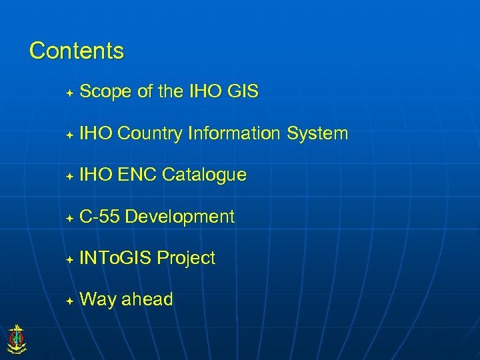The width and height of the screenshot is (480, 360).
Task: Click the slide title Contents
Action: click(77, 51)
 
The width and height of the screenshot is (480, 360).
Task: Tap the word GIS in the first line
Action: click(242, 92)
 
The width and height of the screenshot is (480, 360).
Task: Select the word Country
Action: click(149, 134)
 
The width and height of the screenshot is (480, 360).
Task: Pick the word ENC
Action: click(137, 175)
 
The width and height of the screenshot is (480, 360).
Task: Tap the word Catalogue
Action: click(204, 175)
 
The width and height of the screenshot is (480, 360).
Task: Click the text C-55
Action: click(99, 217)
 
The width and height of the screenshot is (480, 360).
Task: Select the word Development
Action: click(179, 217)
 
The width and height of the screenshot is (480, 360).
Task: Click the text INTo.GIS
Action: click(115, 258)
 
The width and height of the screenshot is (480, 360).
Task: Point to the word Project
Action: click(186, 258)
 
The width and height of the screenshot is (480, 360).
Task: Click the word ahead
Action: click(147, 300)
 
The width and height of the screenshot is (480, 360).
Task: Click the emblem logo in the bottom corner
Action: click(16, 338)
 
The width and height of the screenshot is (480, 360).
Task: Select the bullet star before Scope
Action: click(69, 93)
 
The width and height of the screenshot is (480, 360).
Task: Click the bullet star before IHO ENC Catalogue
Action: click(69, 176)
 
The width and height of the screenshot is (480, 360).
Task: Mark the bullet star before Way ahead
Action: click(69, 301)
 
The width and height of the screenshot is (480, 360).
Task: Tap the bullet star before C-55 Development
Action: click(69, 217)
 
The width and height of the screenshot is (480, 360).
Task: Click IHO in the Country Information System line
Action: click(96, 134)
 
